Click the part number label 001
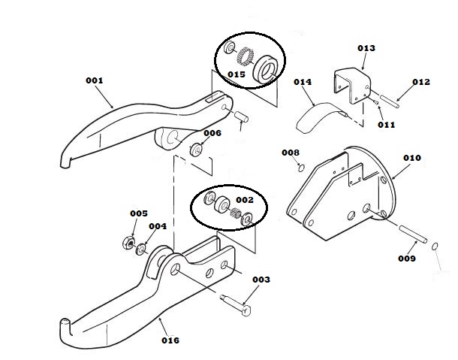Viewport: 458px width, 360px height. tap(94, 80)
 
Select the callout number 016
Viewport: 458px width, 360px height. tap(170, 340)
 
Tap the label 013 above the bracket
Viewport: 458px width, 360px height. tap(366, 48)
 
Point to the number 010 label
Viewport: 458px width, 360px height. tap(411, 158)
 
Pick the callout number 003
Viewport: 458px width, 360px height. tap(261, 280)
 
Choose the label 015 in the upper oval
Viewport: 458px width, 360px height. tap(236, 74)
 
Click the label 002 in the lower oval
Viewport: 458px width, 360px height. tap(245, 200)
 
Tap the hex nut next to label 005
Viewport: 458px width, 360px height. tap(128, 242)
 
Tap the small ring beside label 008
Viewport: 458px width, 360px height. tap(300, 166)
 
